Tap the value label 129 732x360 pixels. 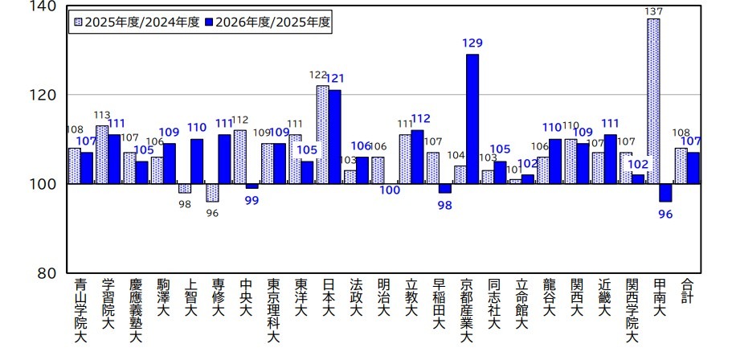(472, 43)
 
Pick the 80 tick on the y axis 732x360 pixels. (47, 273)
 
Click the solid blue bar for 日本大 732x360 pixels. (334, 137)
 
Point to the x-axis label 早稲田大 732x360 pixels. (439, 305)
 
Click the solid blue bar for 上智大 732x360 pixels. (197, 162)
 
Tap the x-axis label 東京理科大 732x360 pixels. (273, 310)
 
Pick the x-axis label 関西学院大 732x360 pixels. (632, 310)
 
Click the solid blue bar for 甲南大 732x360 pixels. (665, 193)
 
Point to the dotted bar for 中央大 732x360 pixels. (240, 157)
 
